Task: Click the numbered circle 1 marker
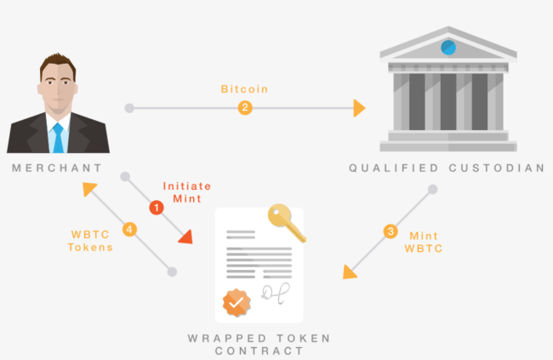(156, 207)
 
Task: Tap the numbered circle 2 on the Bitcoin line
(245, 108)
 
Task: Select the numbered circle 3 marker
(391, 231)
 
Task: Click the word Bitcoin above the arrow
(244, 88)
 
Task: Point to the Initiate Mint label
(186, 191)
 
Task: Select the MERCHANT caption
(57, 168)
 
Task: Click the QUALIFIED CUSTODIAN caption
(447, 168)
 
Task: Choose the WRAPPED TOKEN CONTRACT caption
(259, 345)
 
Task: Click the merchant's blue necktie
(58, 137)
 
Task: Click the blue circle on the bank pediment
(448, 46)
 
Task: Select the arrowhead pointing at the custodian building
(359, 108)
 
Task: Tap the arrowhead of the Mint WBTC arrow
(349, 271)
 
